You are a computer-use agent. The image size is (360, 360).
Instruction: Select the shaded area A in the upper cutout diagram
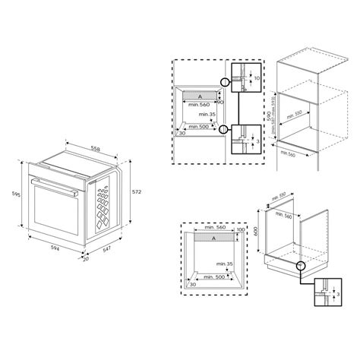[198, 97]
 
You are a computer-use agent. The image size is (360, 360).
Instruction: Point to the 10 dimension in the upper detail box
[257, 78]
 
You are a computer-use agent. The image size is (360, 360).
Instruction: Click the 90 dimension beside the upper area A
[220, 103]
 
